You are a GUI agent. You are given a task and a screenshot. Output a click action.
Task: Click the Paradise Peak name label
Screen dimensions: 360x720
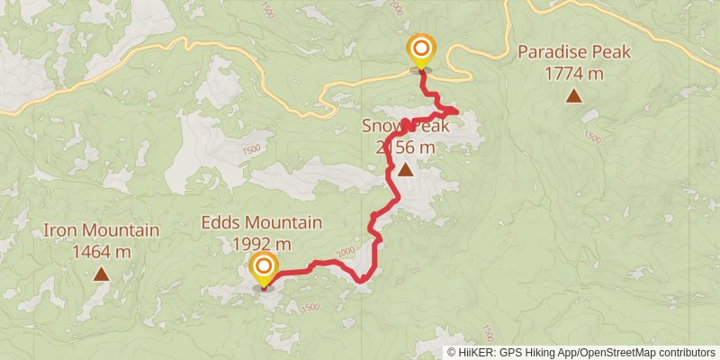574,52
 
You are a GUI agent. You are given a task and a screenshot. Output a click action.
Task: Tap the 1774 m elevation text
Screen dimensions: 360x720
574,73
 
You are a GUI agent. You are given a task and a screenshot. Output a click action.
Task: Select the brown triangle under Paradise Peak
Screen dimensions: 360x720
573,95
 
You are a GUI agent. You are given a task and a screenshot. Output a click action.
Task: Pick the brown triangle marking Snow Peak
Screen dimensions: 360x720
406,169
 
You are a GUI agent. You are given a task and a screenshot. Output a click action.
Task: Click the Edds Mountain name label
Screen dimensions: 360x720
262,223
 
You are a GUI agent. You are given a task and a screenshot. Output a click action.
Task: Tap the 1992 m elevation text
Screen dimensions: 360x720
262,244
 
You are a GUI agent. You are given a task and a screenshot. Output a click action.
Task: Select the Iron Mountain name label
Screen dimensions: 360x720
101,230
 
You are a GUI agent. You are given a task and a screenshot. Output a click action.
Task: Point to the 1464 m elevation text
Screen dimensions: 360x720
101,251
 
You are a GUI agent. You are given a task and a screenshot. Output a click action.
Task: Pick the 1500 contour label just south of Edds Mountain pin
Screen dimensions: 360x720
310,308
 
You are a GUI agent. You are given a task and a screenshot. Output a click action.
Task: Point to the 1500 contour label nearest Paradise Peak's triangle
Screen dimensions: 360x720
592,138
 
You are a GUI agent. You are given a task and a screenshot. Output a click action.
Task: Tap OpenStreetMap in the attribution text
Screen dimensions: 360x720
618,352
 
